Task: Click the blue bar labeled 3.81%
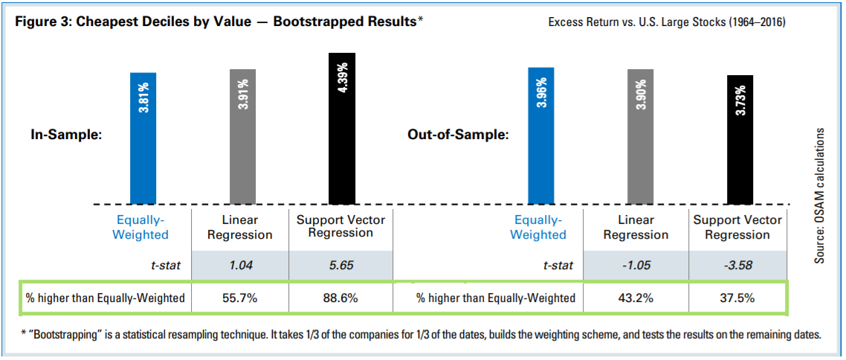click(x=143, y=138)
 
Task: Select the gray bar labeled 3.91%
click(x=242, y=137)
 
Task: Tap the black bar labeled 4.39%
click(x=342, y=129)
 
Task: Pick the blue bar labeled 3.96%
click(x=540, y=135)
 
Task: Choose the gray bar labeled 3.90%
click(x=640, y=137)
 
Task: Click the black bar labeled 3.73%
click(x=740, y=139)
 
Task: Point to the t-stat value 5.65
click(x=340, y=266)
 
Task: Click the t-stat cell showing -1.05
click(x=639, y=266)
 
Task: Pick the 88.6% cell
click(x=340, y=298)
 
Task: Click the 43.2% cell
click(x=639, y=298)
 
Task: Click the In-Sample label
click(x=65, y=135)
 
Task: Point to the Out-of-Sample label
click(x=457, y=135)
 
